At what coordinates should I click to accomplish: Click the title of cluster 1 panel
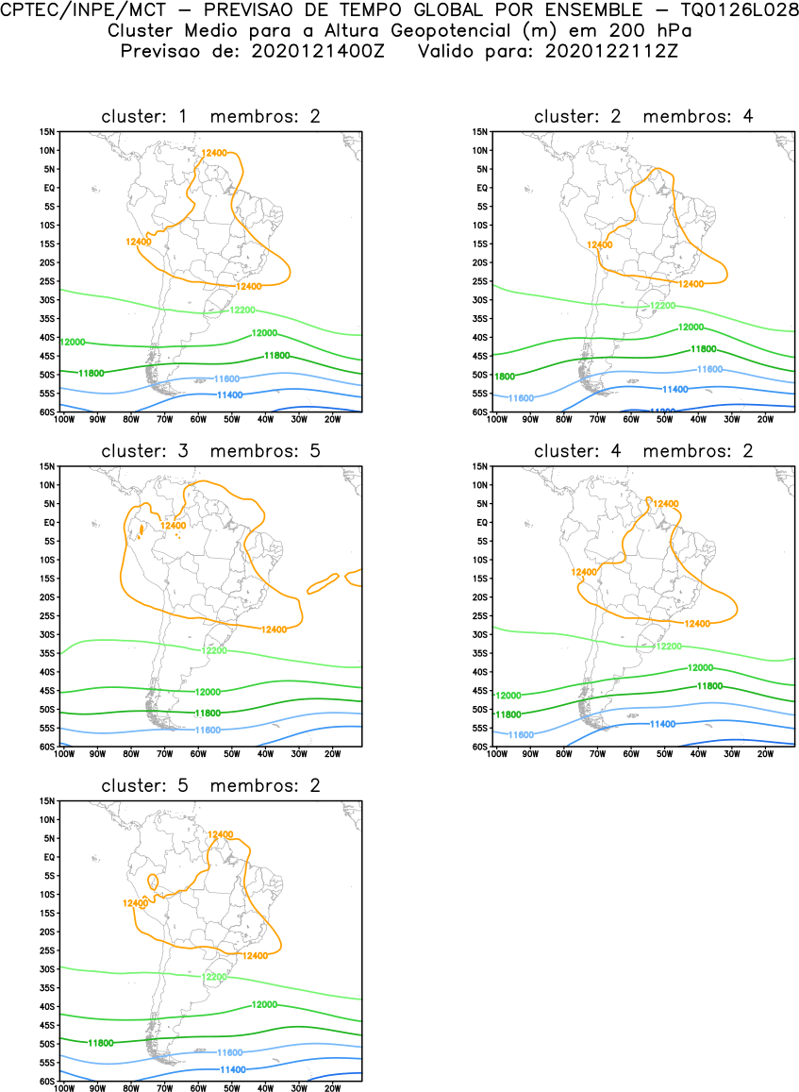(210, 116)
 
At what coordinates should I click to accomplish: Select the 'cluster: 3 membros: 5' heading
(210, 451)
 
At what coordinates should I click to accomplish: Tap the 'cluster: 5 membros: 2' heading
(210, 785)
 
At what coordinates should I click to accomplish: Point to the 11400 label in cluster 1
(231, 395)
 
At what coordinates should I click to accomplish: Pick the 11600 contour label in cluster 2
(709, 369)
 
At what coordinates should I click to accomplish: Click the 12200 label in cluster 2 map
(664, 306)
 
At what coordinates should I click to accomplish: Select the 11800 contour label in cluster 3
(208, 713)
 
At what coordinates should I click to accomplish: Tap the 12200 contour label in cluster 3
(213, 650)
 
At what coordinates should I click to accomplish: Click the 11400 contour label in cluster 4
(662, 723)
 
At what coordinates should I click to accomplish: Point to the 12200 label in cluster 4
(668, 646)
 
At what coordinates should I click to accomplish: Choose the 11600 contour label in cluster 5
(231, 1051)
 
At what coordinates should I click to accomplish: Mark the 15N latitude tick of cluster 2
(478, 131)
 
